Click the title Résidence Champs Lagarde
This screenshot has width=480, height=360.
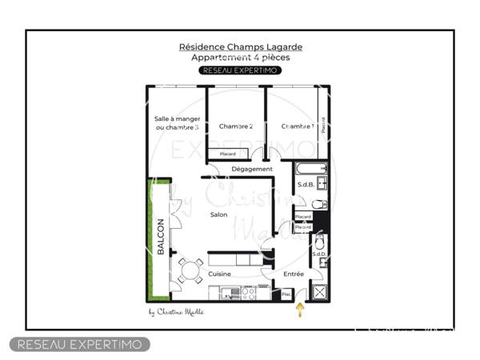pyautogui.click(x=240, y=47)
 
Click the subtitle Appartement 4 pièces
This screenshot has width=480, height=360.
pyautogui.click(x=240, y=58)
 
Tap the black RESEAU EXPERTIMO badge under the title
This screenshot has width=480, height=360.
pyautogui.click(x=240, y=70)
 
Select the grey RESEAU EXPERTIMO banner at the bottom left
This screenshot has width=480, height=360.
pyautogui.click(x=79, y=344)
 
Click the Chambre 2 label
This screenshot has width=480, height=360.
pyautogui.click(x=236, y=126)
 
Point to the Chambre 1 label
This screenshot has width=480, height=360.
pyautogui.click(x=297, y=126)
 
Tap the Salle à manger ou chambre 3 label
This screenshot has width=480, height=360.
pyautogui.click(x=177, y=123)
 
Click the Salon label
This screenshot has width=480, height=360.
pyautogui.click(x=218, y=214)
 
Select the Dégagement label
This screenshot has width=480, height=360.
pyautogui.click(x=252, y=170)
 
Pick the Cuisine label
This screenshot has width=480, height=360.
pyautogui.click(x=219, y=274)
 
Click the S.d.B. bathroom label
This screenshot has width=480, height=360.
pyautogui.click(x=305, y=185)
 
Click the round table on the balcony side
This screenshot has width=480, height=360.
pyautogui.click(x=191, y=272)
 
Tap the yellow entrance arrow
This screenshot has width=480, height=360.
pyautogui.click(x=301, y=310)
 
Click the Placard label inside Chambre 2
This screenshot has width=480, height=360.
pyautogui.click(x=228, y=154)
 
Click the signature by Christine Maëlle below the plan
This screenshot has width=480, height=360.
pyautogui.click(x=176, y=312)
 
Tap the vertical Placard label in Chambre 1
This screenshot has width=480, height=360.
pyautogui.click(x=323, y=126)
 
